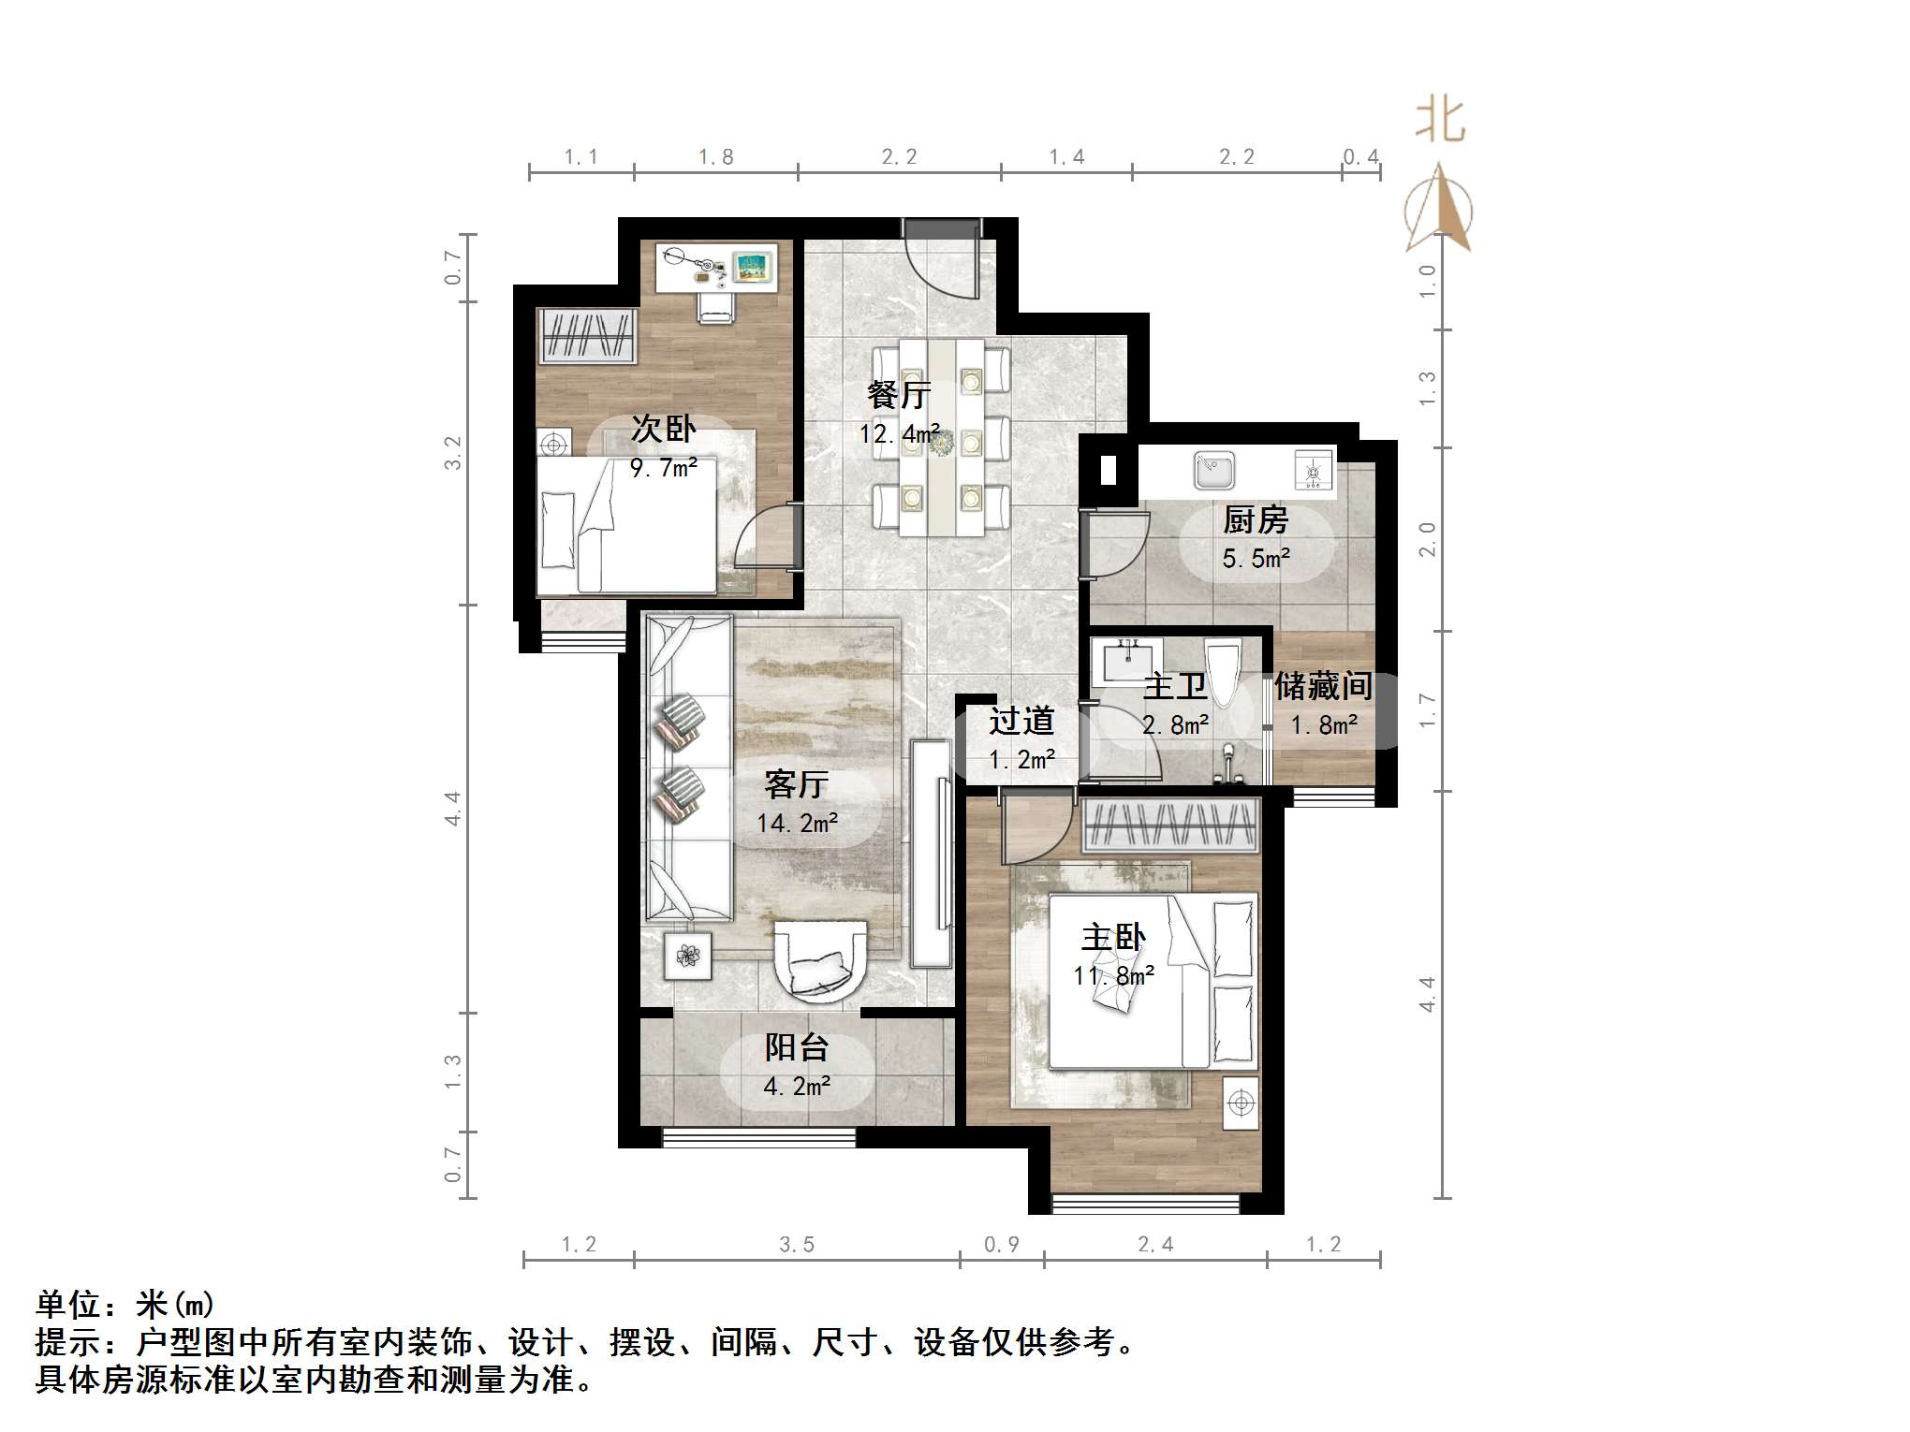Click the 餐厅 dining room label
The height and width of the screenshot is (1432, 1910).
(898, 395)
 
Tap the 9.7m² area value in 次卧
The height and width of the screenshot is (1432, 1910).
(664, 468)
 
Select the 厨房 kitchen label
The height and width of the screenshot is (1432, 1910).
(1256, 519)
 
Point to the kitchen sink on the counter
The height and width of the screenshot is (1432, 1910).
(1214, 470)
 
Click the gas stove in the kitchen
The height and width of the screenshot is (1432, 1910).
(1313, 470)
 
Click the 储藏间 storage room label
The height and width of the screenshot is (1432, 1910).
(1323, 686)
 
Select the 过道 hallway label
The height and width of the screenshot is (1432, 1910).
(1021, 722)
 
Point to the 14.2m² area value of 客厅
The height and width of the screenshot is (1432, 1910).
(797, 824)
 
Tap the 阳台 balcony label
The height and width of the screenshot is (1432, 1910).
(797, 1047)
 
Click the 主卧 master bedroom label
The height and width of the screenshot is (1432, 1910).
(1113, 938)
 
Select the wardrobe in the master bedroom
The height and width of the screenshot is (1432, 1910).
(1170, 826)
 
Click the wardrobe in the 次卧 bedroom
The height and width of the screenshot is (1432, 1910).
(587, 336)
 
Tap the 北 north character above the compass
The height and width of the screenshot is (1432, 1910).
(1439, 122)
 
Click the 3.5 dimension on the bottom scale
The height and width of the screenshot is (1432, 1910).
(797, 1245)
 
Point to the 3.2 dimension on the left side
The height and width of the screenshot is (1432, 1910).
(453, 453)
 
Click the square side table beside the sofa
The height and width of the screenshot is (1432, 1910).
(688, 956)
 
